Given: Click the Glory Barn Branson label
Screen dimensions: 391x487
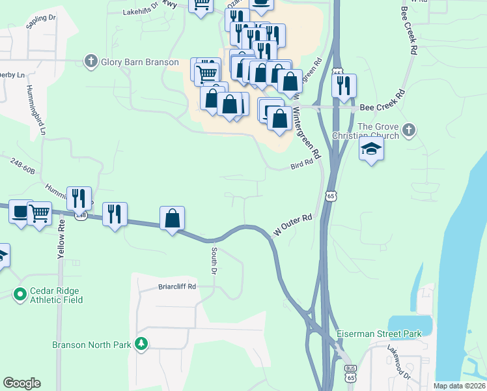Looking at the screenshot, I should click(140, 62).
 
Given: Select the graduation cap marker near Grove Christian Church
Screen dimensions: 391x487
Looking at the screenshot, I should click(371, 149).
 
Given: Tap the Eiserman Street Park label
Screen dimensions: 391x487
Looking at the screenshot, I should click(379, 334).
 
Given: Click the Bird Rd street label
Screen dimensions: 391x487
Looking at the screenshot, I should click(302, 166).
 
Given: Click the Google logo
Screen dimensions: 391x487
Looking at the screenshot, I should click(21, 383).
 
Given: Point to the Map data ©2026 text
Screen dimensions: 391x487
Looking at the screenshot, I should click(459, 386).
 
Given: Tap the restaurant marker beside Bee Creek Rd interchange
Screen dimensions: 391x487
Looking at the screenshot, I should click(344, 85).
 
